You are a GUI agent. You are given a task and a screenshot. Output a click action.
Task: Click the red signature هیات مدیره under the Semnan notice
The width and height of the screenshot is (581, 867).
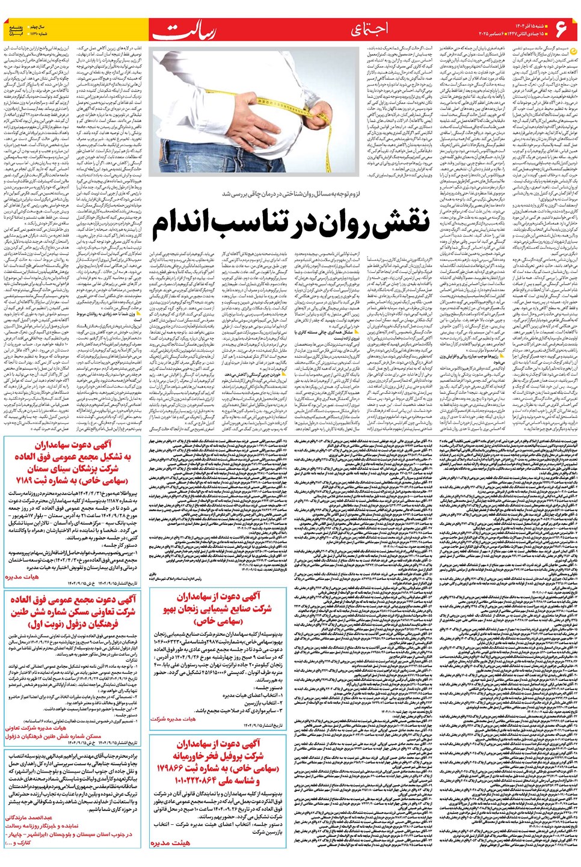pyautogui.click(x=22, y=576)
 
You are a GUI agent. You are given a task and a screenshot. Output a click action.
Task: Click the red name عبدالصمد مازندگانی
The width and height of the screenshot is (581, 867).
pyautogui.click(x=29, y=818)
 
